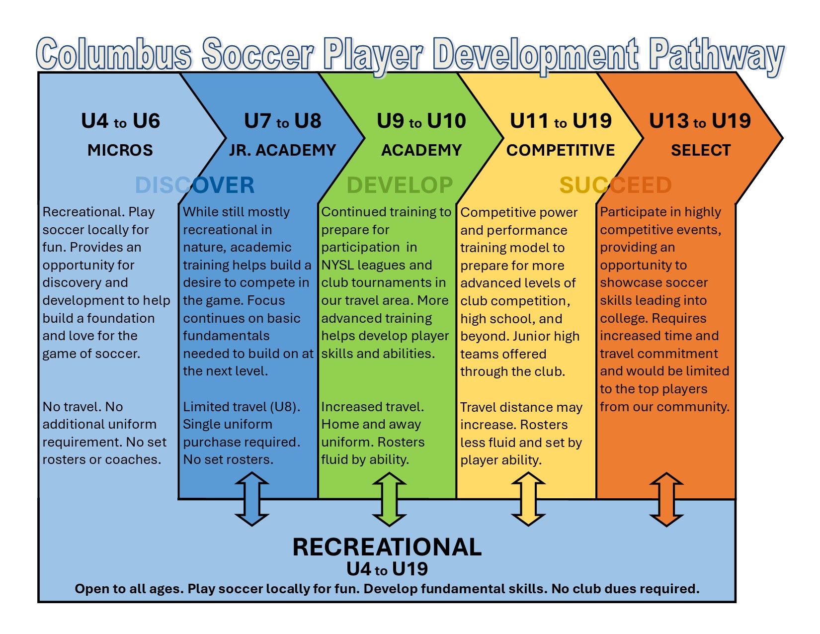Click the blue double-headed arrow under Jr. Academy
(252, 499)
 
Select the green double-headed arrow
(389, 499)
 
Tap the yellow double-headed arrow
(528, 499)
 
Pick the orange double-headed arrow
(666, 499)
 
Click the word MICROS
(120, 150)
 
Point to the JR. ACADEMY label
(282, 150)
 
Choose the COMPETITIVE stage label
(561, 150)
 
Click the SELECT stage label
(701, 150)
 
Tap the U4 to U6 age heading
(120, 121)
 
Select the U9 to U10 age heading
(421, 121)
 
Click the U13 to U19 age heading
(700, 121)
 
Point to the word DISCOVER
(195, 185)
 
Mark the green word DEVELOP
(400, 185)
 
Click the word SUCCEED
(615, 185)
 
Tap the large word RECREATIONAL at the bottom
(387, 547)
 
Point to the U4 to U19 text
(387, 569)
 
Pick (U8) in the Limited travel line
(284, 407)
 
